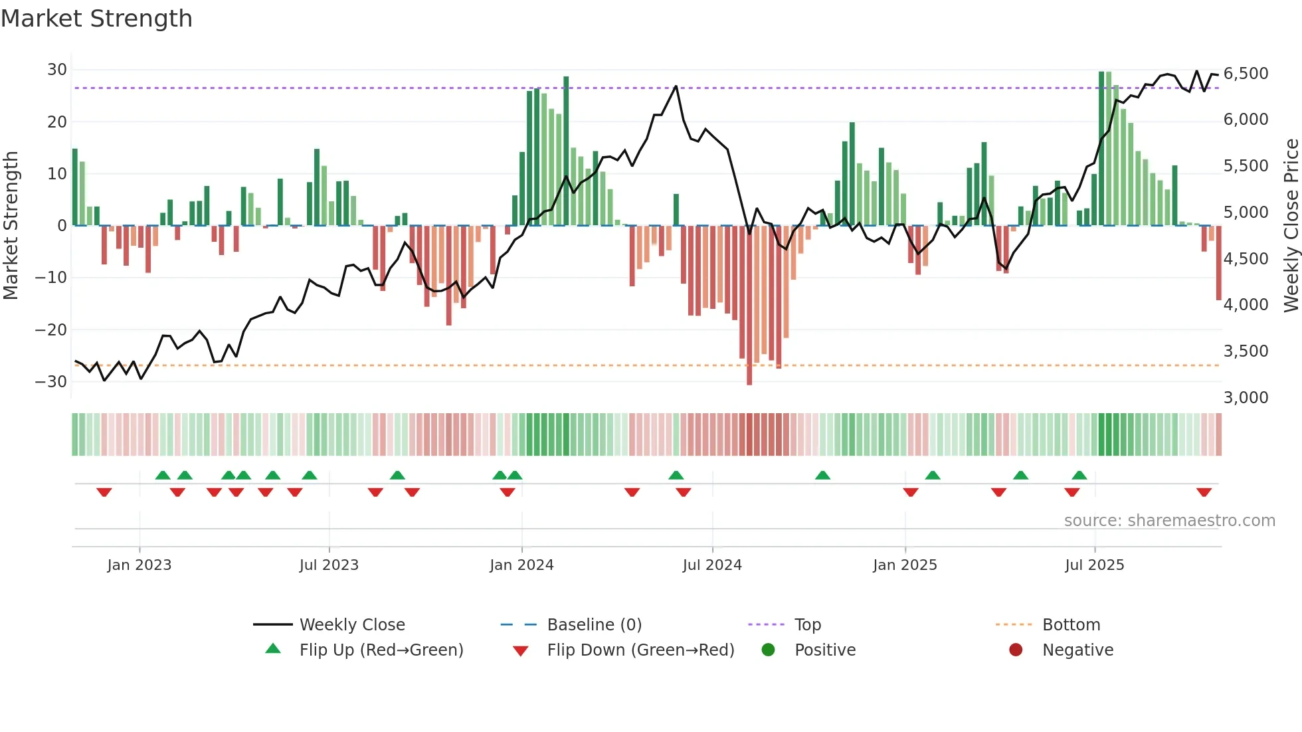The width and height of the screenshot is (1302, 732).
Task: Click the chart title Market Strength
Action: [x=96, y=19]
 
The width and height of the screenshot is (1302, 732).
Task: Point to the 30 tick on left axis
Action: [x=57, y=70]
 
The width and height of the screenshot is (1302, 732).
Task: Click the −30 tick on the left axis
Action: [x=51, y=382]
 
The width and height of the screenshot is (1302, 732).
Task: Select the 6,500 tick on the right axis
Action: [x=1246, y=74]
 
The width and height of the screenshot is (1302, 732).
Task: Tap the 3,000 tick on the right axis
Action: [x=1246, y=398]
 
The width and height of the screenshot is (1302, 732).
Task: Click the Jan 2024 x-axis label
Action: [x=521, y=565]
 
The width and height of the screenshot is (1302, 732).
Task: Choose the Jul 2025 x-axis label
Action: [x=1094, y=565]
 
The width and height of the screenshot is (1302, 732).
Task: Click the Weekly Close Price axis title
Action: [x=1291, y=226]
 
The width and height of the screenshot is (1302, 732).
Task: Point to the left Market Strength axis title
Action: [x=11, y=226]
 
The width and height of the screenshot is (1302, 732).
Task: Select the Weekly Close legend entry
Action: [x=351, y=625]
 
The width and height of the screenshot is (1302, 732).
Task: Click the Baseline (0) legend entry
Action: [x=594, y=625]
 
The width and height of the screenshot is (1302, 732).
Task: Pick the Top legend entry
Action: [x=807, y=625]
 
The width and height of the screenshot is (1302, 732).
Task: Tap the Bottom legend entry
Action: [x=1071, y=625]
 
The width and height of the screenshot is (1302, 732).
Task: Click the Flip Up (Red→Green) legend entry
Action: [x=381, y=650]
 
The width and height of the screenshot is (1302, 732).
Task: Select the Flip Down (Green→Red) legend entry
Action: [x=640, y=650]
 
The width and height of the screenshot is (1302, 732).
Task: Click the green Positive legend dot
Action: [x=769, y=650]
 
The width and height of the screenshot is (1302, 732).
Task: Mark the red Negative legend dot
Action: [x=1016, y=650]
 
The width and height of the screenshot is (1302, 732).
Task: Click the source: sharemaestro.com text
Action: [x=1169, y=521]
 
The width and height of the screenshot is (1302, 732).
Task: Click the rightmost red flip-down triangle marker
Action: [x=1204, y=492]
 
